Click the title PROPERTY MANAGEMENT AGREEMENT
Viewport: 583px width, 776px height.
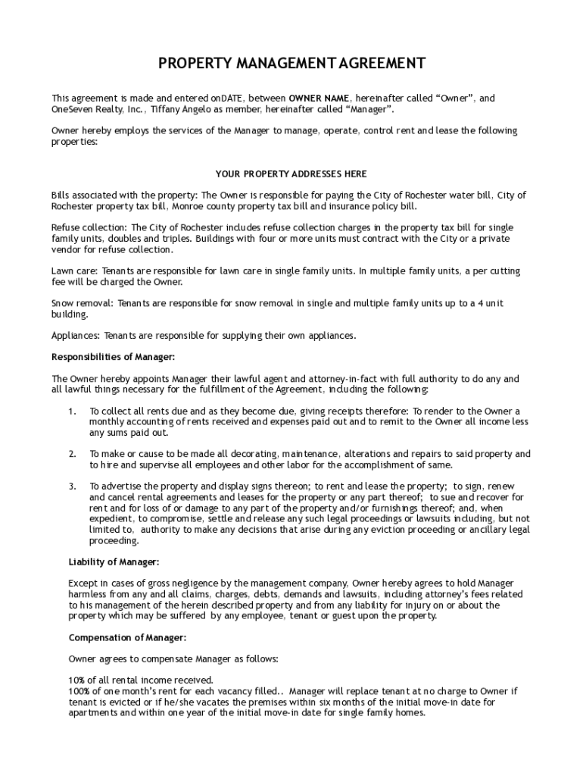pos(291,64)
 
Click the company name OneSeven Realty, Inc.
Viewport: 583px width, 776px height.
pos(98,109)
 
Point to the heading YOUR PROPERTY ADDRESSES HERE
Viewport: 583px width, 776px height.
pos(291,174)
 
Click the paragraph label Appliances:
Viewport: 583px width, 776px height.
pos(76,335)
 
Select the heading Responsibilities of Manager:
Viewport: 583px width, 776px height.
pos(113,357)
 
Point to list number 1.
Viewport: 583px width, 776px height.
pos(72,411)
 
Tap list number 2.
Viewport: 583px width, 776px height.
pos(72,454)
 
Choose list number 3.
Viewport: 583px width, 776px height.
pos(72,486)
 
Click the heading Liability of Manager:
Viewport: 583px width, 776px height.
pos(114,562)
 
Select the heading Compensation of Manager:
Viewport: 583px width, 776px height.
pos(127,637)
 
